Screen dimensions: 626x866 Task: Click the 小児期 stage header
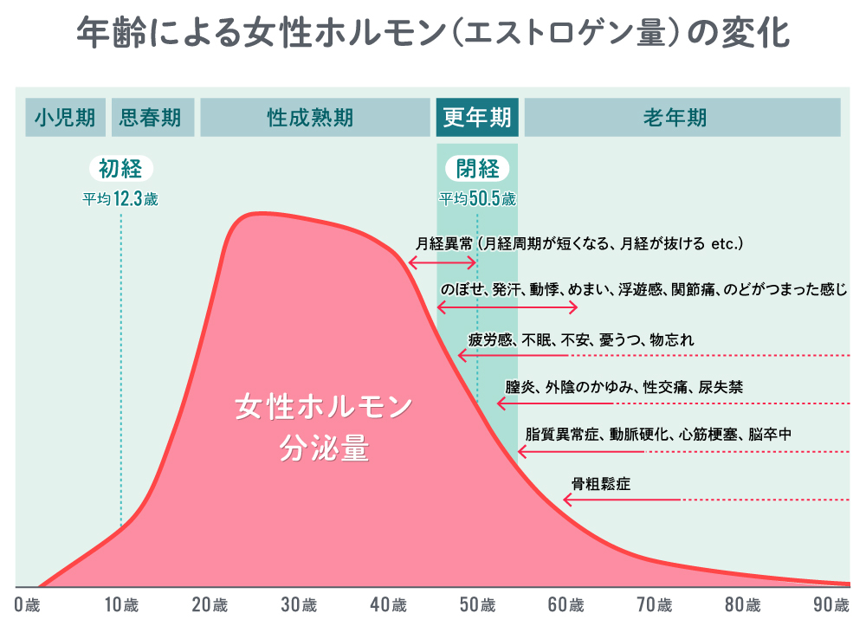66,118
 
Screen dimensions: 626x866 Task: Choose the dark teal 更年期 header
476,118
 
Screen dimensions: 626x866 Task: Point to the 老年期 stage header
682,118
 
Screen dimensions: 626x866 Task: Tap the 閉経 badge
477,168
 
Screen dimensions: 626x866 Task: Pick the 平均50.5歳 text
477,199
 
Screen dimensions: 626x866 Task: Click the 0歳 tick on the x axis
27,604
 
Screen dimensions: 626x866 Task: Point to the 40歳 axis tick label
389,604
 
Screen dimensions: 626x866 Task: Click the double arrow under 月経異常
443,262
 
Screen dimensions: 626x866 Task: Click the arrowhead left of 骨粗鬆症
568,500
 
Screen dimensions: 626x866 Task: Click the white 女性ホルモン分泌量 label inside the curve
324,428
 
